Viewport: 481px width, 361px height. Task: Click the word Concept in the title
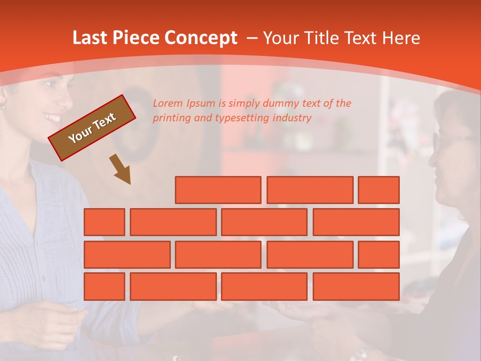201,38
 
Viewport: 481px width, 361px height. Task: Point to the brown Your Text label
92,128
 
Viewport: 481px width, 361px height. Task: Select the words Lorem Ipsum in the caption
184,104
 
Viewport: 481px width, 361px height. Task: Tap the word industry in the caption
293,118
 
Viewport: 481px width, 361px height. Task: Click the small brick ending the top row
379,190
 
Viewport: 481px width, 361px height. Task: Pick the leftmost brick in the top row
218,190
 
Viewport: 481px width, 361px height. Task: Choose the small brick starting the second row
104,222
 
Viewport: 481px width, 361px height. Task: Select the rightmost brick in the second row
356,222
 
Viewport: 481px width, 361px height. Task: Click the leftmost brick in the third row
127,255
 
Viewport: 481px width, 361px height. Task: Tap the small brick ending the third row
379,255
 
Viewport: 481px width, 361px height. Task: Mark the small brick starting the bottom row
104,287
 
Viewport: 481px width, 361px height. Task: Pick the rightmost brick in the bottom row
356,287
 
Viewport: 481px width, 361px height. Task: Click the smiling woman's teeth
52,118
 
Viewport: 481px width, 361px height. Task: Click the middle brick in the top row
310,190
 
